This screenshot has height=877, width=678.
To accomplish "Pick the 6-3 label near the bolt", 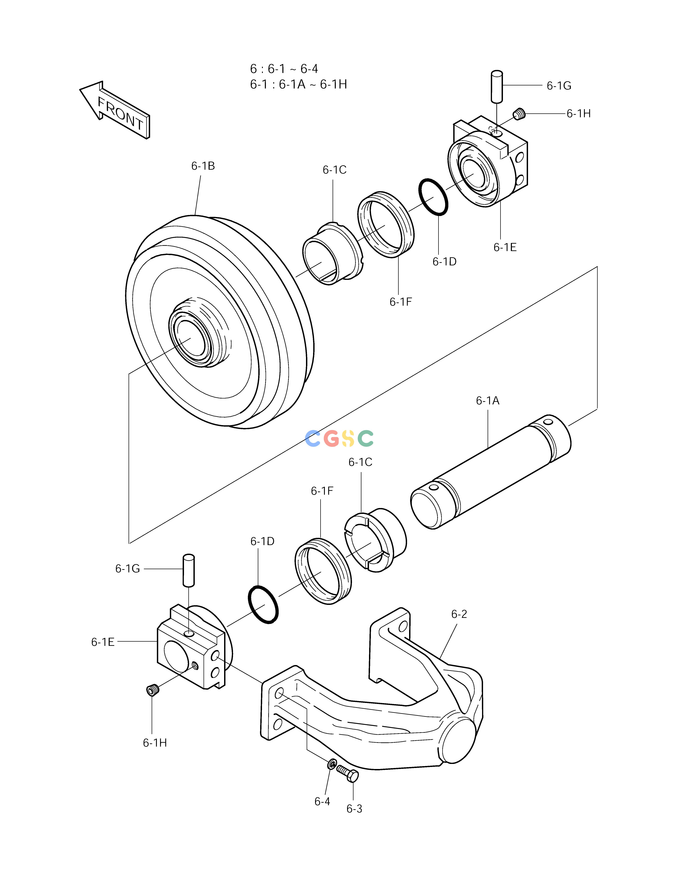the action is [354, 809].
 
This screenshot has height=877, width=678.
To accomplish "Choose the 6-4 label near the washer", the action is [322, 802].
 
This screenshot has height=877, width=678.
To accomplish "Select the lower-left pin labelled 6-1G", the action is [188, 570].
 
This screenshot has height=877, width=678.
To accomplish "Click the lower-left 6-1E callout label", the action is [103, 642].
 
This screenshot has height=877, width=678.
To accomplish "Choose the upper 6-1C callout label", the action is [335, 170].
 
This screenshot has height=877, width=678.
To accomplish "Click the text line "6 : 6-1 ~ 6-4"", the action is [284, 69].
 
